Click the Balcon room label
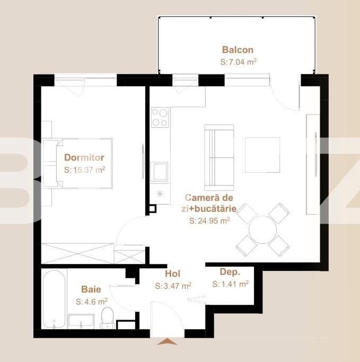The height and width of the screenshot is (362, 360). [x=238, y=50]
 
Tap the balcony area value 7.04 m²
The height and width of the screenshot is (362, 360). [x=238, y=62]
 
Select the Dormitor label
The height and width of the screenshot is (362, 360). [x=84, y=157]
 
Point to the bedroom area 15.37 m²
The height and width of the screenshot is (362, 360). [x=84, y=170]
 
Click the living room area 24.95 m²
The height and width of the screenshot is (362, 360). [x=209, y=221]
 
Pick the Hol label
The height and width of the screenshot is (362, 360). [x=173, y=274]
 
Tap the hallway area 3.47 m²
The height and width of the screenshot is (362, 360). [x=173, y=286]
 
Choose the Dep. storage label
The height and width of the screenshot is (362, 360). [x=230, y=272]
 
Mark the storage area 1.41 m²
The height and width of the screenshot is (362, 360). [x=231, y=284]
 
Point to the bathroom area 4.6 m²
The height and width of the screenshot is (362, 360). [x=92, y=301]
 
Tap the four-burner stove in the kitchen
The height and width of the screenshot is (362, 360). [x=160, y=117]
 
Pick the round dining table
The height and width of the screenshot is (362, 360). [x=262, y=229]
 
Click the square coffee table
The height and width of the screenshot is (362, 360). [x=262, y=155]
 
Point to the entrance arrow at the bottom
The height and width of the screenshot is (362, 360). [x=168, y=342]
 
